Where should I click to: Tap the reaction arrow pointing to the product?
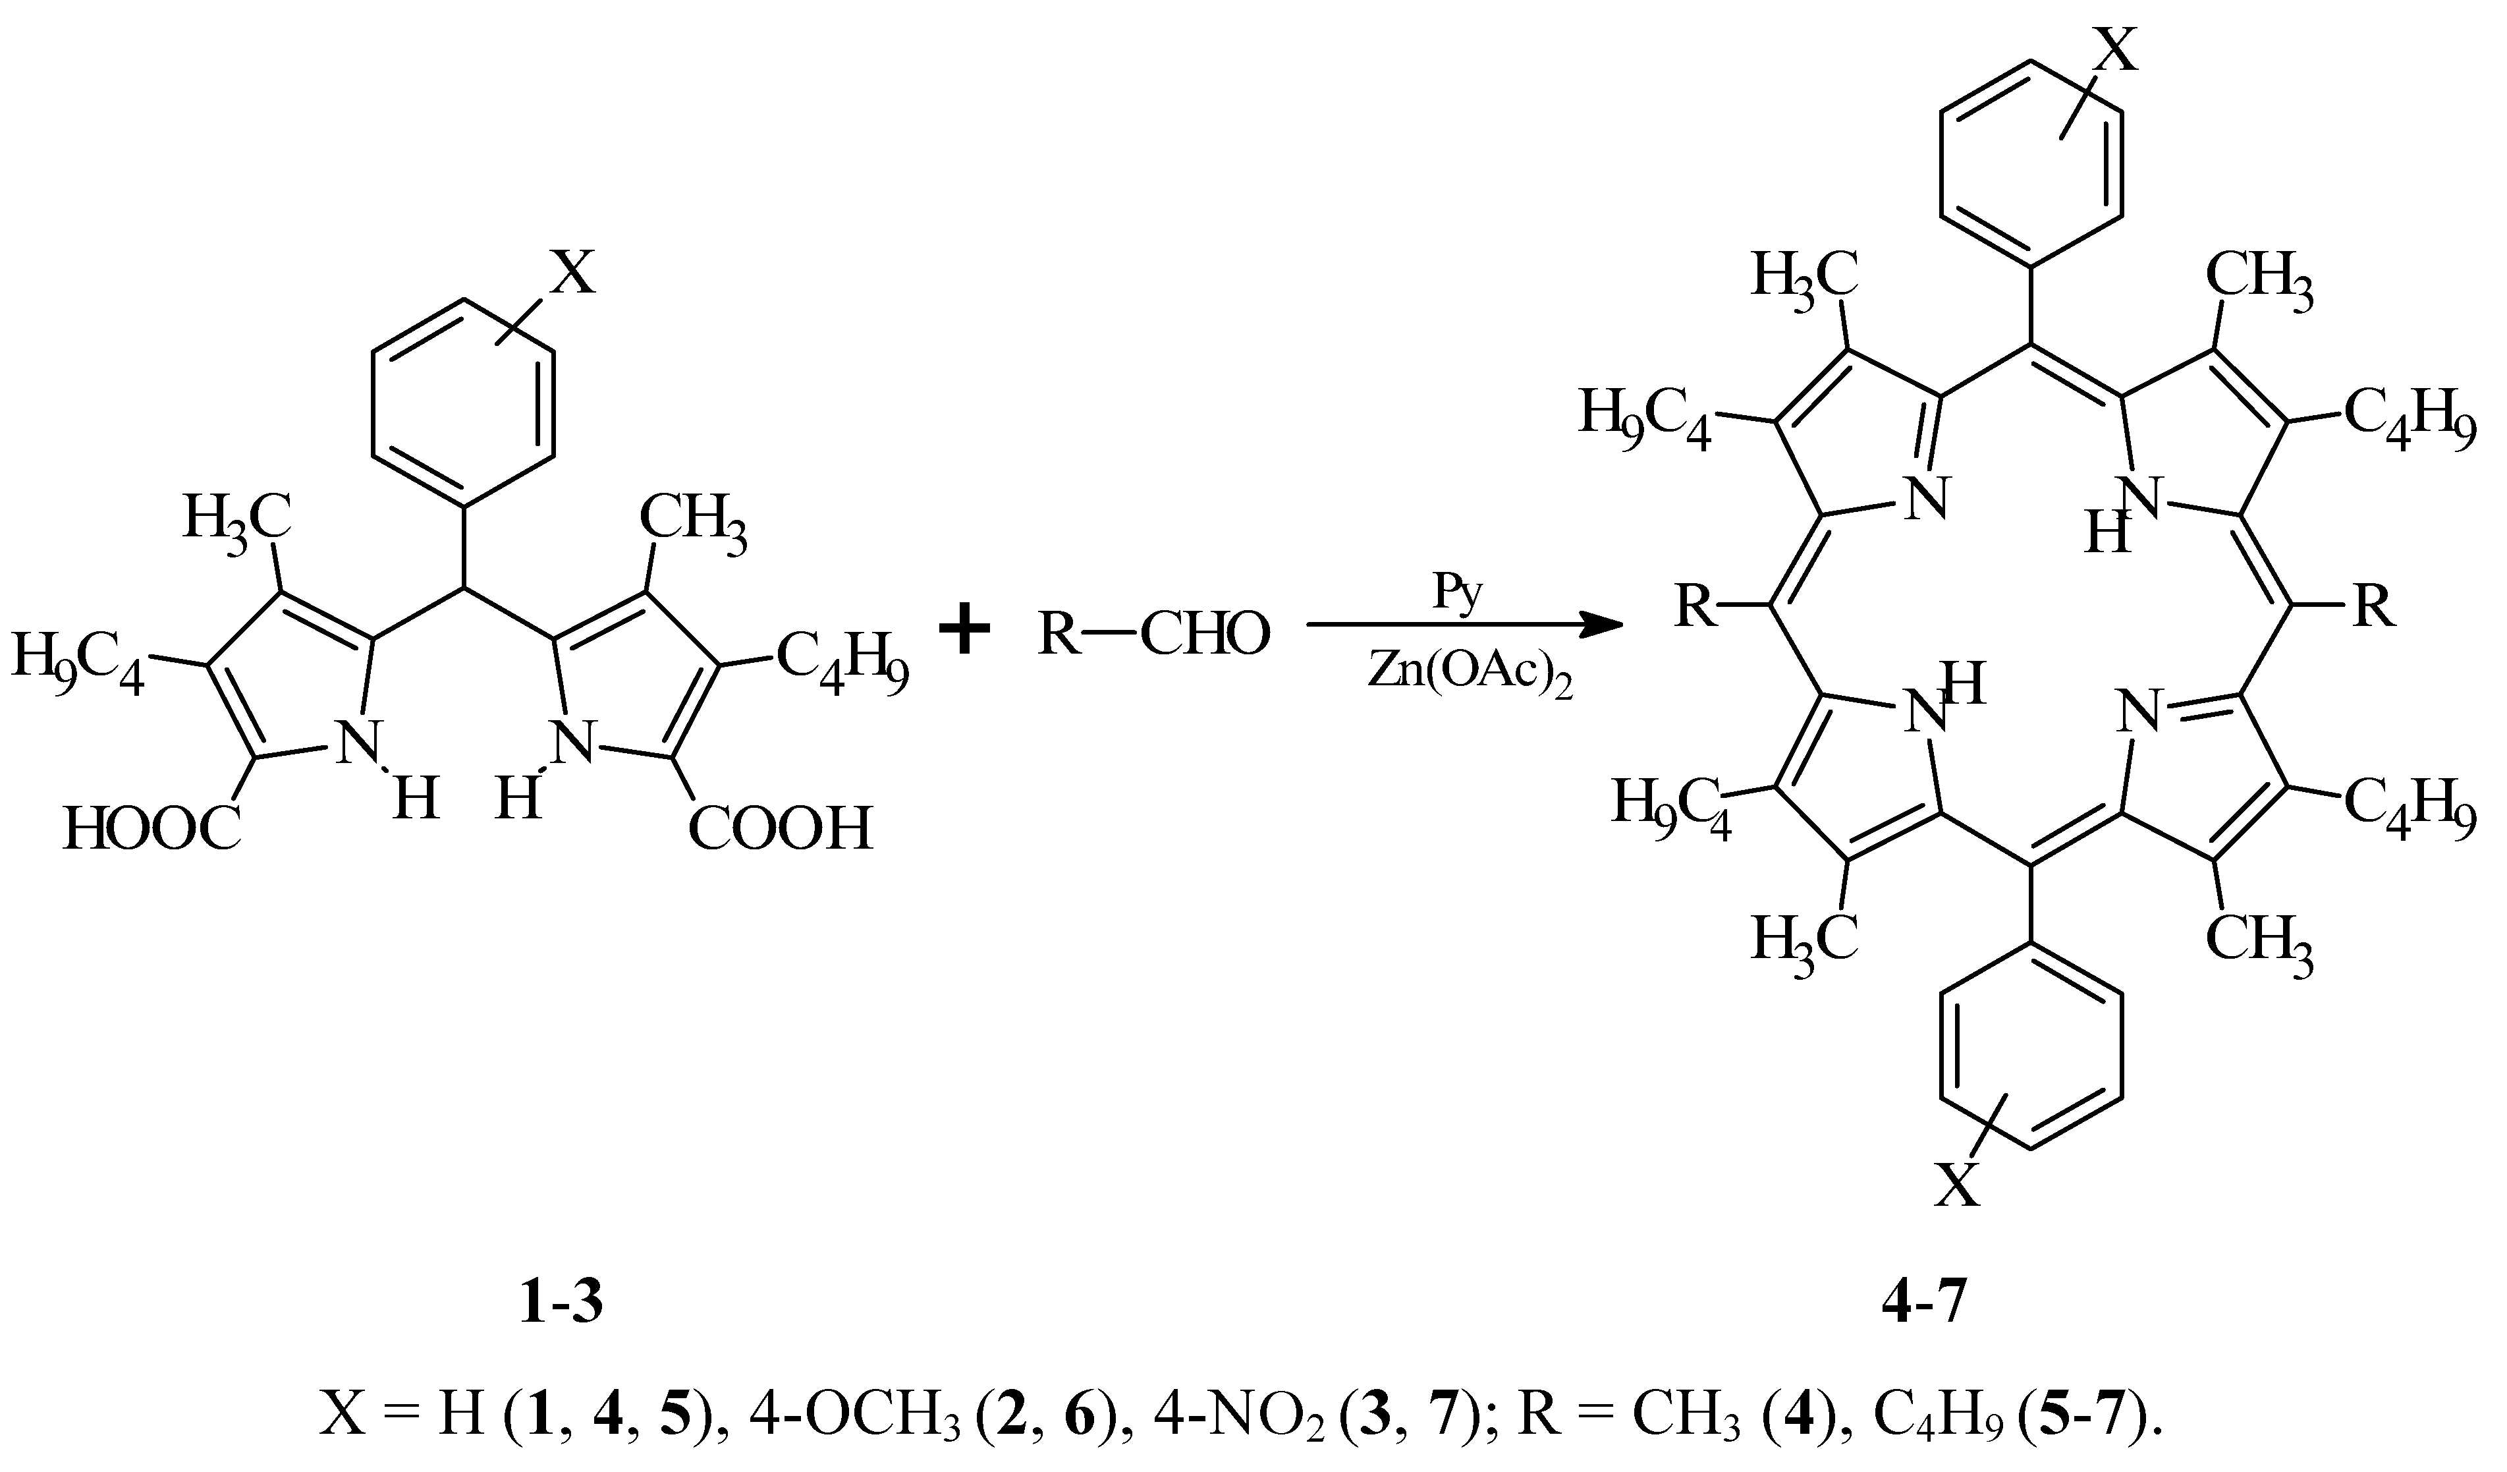(1464, 626)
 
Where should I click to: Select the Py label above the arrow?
(1458, 593)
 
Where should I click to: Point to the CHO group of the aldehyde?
(1206, 633)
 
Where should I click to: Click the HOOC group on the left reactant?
(152, 828)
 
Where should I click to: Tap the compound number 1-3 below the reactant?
(561, 1304)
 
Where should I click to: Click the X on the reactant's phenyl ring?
(573, 271)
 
